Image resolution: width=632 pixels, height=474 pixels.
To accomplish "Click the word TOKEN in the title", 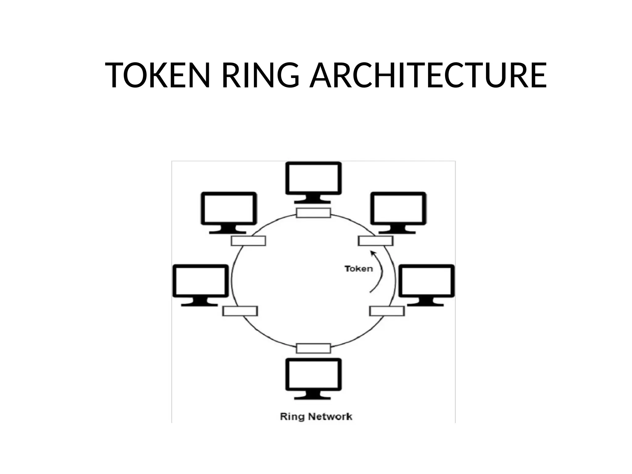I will click(157, 75).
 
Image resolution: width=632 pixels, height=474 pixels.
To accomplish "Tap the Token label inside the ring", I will click(359, 269).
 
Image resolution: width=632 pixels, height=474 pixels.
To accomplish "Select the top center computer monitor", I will click(313, 179).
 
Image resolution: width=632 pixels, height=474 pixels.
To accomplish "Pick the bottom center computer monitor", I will click(313, 375).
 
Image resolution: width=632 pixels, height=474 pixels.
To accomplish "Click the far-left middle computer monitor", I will click(200, 281).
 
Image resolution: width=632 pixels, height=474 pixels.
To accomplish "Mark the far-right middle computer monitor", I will click(426, 281).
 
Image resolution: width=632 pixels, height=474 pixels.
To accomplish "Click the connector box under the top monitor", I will click(313, 213).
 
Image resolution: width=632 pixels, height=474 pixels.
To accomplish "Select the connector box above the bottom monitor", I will click(313, 348).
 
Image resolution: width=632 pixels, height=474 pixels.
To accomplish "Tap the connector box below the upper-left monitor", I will click(248, 241).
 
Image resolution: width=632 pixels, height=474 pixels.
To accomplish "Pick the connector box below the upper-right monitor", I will click(376, 241).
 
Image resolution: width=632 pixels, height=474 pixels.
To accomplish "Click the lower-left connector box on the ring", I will click(240, 311).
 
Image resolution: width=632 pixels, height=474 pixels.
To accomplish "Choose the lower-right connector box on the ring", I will click(387, 311).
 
